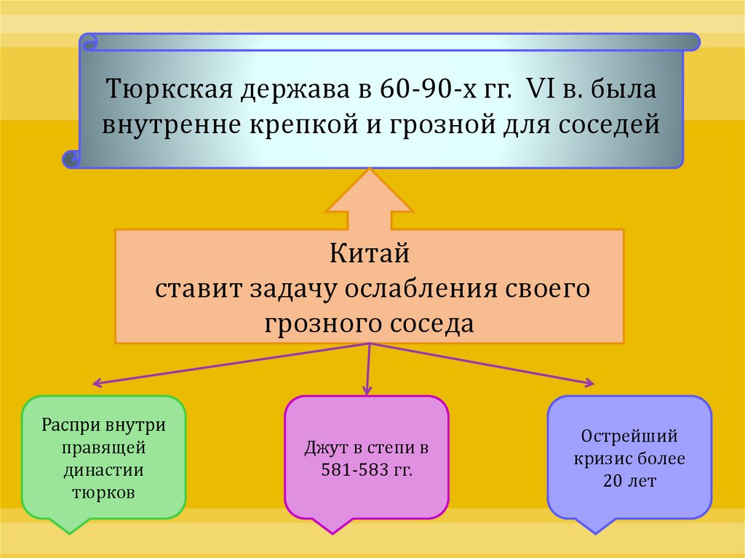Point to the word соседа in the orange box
pos(434,323)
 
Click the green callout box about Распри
pos(103,458)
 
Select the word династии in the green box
pos(103,469)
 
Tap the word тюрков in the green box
pos(103,492)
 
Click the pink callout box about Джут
pos(367,458)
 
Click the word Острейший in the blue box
pos(629,437)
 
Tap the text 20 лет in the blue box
pos(629,481)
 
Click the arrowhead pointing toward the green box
pos(95,383)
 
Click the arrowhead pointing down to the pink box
pos(367,391)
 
